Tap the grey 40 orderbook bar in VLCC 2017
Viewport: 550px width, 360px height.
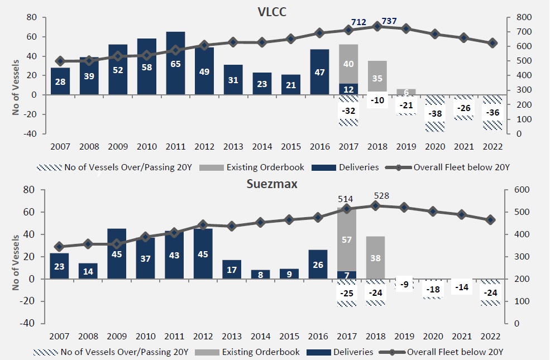point(348,64)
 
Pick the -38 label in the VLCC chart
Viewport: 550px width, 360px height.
point(436,113)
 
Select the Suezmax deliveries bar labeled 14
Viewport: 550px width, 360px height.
point(88,271)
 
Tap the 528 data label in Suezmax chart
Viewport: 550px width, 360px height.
point(381,196)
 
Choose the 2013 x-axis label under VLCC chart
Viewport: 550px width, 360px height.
point(233,147)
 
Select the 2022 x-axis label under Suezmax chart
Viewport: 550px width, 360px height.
point(491,337)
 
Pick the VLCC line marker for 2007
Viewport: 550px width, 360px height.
point(60,61)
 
